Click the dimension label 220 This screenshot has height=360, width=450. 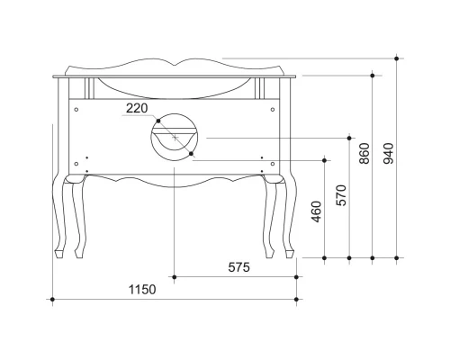(137, 108)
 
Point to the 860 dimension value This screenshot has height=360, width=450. (364, 156)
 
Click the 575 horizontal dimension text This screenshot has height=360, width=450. (238, 267)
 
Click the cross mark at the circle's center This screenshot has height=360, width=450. (175, 137)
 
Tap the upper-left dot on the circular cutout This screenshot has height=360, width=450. (157, 120)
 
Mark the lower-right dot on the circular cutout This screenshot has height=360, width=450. (192, 154)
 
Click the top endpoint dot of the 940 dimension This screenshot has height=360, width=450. (397, 59)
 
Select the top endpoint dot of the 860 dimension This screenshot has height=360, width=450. (373, 76)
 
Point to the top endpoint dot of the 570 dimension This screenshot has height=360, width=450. (349, 138)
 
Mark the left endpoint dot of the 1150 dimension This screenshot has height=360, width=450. (53, 299)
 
